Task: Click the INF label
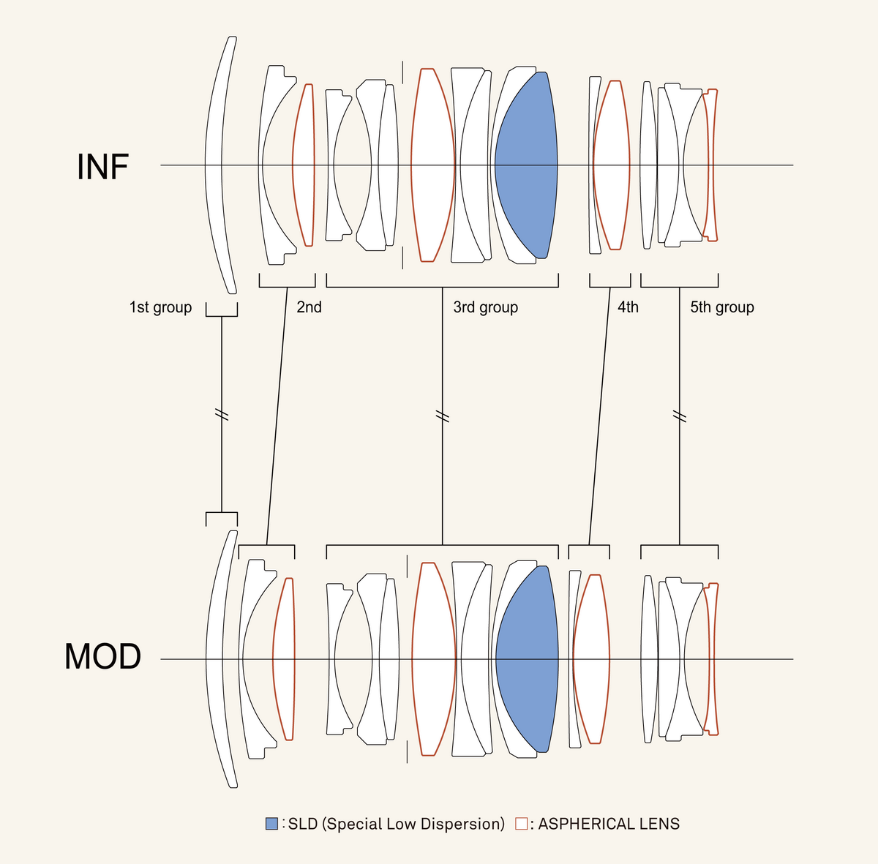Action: click(x=102, y=167)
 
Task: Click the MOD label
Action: click(x=102, y=656)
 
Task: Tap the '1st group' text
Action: click(x=160, y=307)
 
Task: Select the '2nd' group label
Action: click(x=309, y=307)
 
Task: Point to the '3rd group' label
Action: click(x=485, y=307)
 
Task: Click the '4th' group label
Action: click(x=628, y=307)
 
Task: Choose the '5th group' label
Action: click(x=721, y=307)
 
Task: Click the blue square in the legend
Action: click(x=271, y=824)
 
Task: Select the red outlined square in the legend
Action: click(x=521, y=824)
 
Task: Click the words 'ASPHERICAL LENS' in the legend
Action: click(x=609, y=824)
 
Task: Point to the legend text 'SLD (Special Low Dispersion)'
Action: click(x=396, y=824)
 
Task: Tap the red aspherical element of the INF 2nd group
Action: click(x=304, y=165)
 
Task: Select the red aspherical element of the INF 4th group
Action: click(x=611, y=165)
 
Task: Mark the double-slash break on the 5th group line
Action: click(x=680, y=417)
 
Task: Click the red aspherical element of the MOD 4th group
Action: click(x=591, y=659)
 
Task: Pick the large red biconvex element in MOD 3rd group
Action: click(x=433, y=659)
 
